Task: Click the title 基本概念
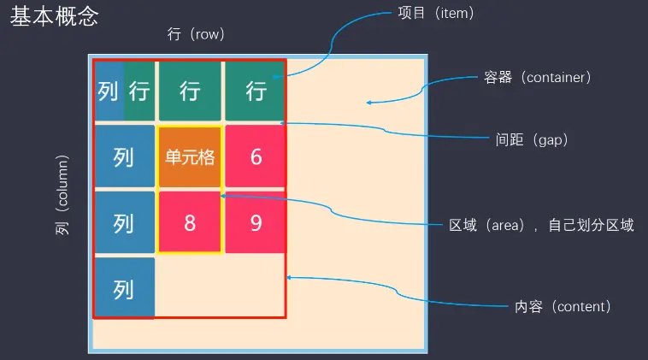[x=54, y=17]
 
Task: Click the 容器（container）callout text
[x=535, y=77]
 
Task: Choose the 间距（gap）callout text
[x=532, y=139]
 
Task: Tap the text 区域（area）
[x=484, y=226]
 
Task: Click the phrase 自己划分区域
[x=591, y=226]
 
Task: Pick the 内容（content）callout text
[x=562, y=306]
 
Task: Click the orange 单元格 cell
[x=189, y=157]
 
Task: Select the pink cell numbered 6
[x=256, y=157]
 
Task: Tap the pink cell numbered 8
[x=189, y=223]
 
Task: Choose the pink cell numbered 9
[x=256, y=223]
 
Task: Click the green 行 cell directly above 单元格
[x=189, y=91]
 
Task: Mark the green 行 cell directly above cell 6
[x=256, y=91]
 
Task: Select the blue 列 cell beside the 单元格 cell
[x=124, y=157]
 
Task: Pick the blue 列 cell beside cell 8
[x=124, y=223]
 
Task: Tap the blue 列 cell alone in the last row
[x=124, y=289]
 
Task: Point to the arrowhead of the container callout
[x=368, y=103]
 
